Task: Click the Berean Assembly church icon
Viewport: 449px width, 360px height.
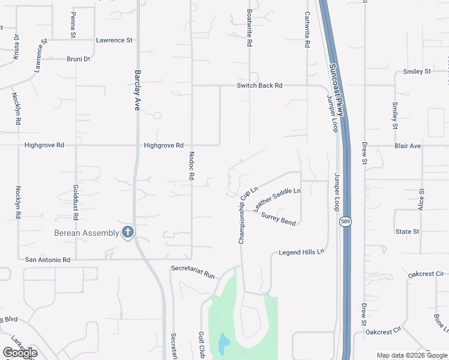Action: coord(127,232)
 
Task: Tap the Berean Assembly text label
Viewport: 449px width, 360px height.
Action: coord(86,233)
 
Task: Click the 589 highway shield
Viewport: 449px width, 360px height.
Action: coord(349,222)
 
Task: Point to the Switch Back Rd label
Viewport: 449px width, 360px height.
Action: coord(259,85)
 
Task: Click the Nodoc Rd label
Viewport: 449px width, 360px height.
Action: coord(192,166)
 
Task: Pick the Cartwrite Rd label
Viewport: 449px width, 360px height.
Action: coord(307,30)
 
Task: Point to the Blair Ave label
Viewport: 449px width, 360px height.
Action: coord(408,146)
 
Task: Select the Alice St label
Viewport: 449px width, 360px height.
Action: coord(421,199)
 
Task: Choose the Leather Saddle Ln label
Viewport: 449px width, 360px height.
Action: coord(277,199)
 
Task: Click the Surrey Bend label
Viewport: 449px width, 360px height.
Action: coord(279,218)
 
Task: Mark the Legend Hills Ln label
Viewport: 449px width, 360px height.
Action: coord(301,252)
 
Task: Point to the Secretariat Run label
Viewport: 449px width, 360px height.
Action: coord(193,271)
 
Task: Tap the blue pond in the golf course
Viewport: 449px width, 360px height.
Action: coord(223,344)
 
